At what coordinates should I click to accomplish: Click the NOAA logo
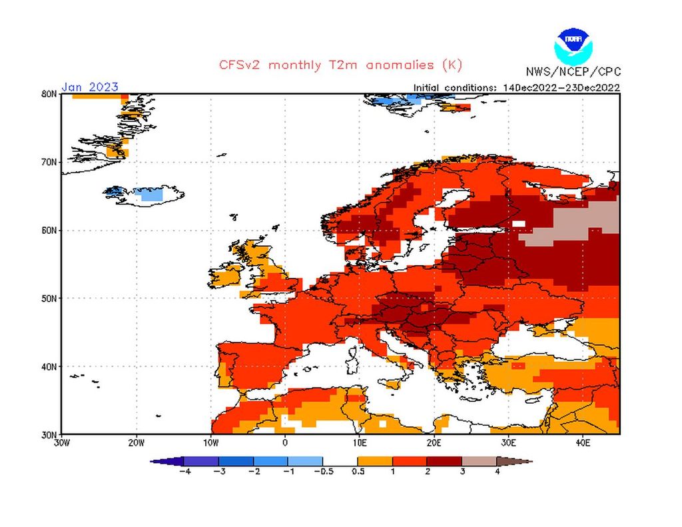pyautogui.click(x=572, y=45)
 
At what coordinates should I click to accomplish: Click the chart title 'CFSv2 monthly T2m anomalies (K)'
pyautogui.click(x=340, y=65)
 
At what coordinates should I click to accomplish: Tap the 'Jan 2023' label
pyautogui.click(x=90, y=87)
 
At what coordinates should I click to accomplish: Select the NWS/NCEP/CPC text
pyautogui.click(x=573, y=71)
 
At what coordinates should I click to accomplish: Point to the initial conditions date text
pyautogui.click(x=517, y=87)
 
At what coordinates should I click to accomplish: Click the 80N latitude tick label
pyautogui.click(x=49, y=94)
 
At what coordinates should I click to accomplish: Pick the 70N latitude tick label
pyautogui.click(x=49, y=162)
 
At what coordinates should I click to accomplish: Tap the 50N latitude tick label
pyautogui.click(x=49, y=298)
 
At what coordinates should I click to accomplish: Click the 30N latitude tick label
pyautogui.click(x=49, y=434)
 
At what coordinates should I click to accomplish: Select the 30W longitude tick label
pyautogui.click(x=61, y=442)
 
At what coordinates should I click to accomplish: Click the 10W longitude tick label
pyautogui.click(x=210, y=442)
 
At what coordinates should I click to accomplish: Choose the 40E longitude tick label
pyautogui.click(x=583, y=442)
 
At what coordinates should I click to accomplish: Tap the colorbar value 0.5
pyautogui.click(x=358, y=472)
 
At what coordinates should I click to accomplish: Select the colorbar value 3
pyautogui.click(x=462, y=472)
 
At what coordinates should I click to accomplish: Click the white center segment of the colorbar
pyautogui.click(x=340, y=461)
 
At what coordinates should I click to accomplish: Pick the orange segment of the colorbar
pyautogui.click(x=375, y=461)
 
